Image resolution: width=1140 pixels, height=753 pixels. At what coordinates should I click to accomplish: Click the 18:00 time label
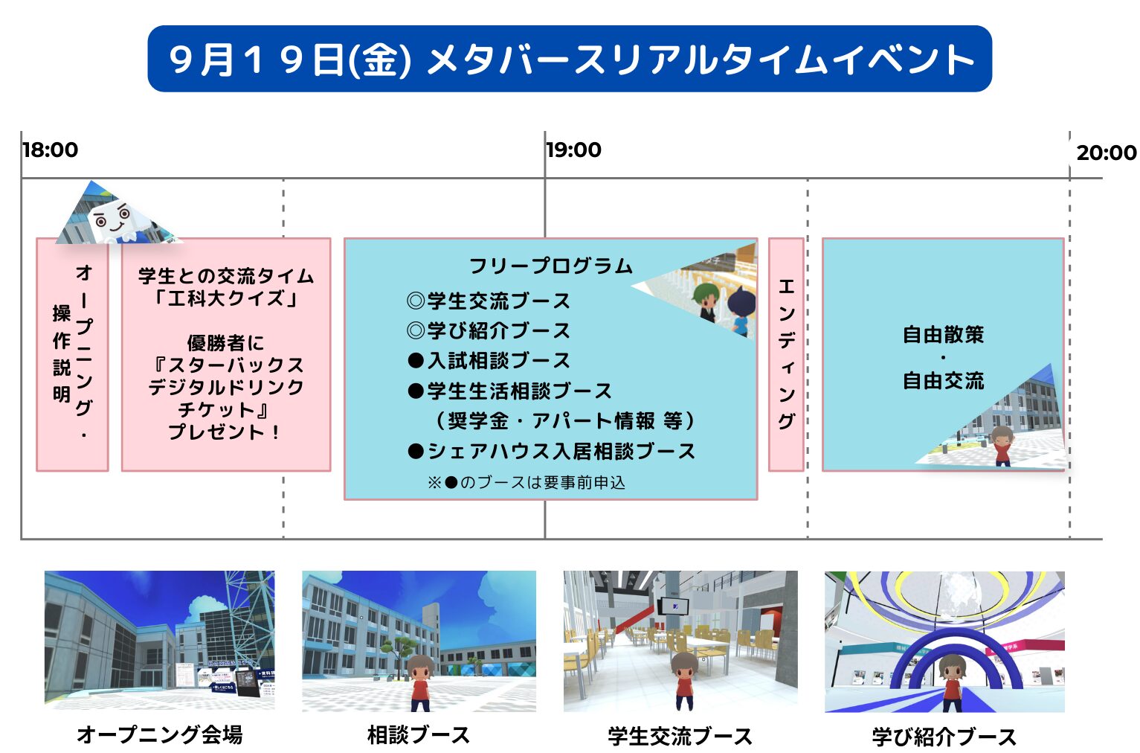point(51,150)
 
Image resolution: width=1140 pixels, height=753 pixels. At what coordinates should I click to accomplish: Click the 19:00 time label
point(573,150)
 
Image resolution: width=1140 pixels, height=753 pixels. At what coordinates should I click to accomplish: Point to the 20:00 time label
point(1107,153)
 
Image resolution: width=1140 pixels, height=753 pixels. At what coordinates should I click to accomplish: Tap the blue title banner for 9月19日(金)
point(570,59)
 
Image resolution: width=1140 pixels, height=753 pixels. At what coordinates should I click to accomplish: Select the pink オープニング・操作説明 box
point(72,354)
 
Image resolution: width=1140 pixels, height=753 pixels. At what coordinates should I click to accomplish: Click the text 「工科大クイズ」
point(226,298)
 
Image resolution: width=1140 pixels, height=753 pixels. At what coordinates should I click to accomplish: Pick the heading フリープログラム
point(550,266)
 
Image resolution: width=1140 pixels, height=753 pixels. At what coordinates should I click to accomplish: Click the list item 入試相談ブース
point(489,361)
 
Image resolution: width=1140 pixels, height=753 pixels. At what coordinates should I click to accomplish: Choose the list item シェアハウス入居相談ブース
point(551,451)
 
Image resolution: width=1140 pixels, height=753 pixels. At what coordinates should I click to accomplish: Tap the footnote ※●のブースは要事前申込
point(526,482)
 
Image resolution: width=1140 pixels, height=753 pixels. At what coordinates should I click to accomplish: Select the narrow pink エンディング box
point(786,354)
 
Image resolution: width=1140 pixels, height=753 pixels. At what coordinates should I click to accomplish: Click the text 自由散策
point(943,335)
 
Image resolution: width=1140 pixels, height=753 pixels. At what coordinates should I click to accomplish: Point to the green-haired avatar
point(706,302)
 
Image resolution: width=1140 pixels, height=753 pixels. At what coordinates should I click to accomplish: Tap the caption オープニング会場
point(160,734)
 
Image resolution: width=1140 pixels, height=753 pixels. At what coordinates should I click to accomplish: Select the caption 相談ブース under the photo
point(419,734)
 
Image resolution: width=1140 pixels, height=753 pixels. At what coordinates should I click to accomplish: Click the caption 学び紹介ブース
point(944,736)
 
